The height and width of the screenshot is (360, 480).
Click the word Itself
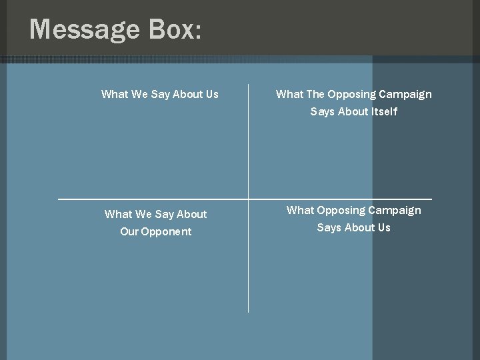tap(385, 111)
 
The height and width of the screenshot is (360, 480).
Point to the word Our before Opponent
tap(129, 231)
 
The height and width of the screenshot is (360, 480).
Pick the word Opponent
tap(166, 231)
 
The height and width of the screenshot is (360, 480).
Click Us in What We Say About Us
tap(212, 94)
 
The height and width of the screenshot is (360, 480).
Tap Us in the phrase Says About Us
tap(383, 227)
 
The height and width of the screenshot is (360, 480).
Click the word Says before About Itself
tap(323, 111)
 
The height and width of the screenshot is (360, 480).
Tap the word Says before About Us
tap(329, 227)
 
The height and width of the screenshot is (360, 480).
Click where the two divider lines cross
tap(248, 199)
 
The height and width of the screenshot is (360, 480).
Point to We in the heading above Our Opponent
tap(143, 214)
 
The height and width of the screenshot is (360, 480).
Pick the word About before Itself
tap(353, 111)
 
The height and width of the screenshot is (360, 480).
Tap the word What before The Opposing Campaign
tap(289, 94)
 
